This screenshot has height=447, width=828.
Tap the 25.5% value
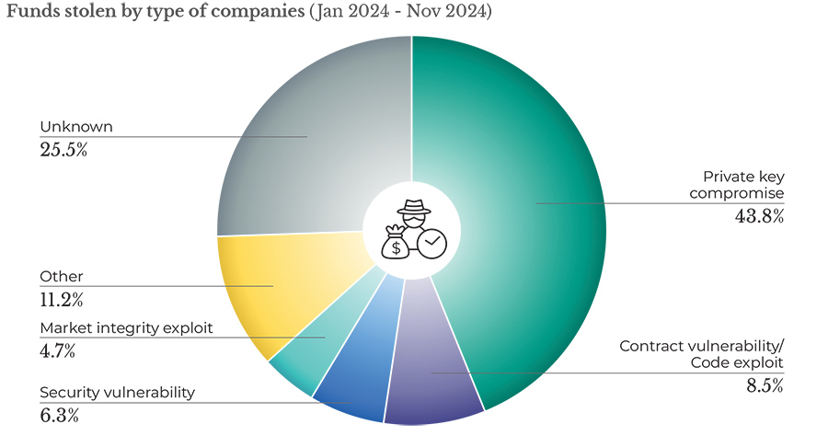tap(64, 149)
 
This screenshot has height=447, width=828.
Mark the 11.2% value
tap(63, 299)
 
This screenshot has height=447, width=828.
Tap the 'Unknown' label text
tap(70, 127)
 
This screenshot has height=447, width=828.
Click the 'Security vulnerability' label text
tap(117, 393)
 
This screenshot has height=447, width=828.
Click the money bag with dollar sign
tap(397, 244)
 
